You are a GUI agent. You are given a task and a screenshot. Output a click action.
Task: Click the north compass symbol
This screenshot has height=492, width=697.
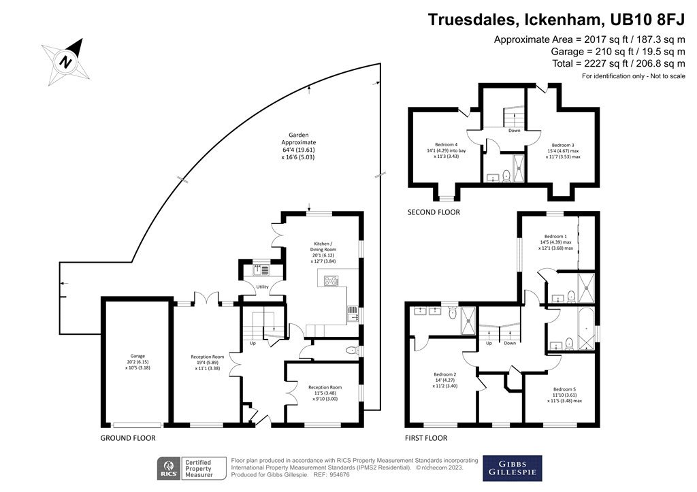67,61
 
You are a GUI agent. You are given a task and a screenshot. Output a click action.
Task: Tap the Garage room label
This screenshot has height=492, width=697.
137,362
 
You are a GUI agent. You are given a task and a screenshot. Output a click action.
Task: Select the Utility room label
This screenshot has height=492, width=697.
262,286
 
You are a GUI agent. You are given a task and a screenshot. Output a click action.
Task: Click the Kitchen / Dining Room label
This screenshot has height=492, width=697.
323,252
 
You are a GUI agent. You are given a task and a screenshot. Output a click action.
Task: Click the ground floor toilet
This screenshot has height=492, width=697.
353,350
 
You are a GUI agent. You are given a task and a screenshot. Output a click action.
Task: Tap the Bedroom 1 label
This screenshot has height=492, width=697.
555,236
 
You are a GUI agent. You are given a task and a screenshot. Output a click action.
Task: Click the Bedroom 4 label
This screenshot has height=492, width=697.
447,145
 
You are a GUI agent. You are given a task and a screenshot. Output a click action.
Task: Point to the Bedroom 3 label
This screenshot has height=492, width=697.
563,145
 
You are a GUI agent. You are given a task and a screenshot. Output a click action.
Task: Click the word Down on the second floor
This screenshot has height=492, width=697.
515,131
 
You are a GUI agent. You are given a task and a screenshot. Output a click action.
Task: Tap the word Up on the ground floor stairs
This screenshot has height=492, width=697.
253,343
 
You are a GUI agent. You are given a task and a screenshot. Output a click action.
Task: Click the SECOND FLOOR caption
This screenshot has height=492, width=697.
434,212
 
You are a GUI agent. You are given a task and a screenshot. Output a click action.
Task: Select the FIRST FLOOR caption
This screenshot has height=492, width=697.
426,438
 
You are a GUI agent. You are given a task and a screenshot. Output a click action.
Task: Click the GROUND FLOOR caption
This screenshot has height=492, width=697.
128,438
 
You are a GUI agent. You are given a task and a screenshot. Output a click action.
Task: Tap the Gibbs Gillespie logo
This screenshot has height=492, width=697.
513,468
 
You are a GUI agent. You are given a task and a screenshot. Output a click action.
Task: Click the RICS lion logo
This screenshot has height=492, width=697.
169,469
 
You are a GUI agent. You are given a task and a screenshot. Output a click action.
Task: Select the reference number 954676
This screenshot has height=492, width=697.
340,475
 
